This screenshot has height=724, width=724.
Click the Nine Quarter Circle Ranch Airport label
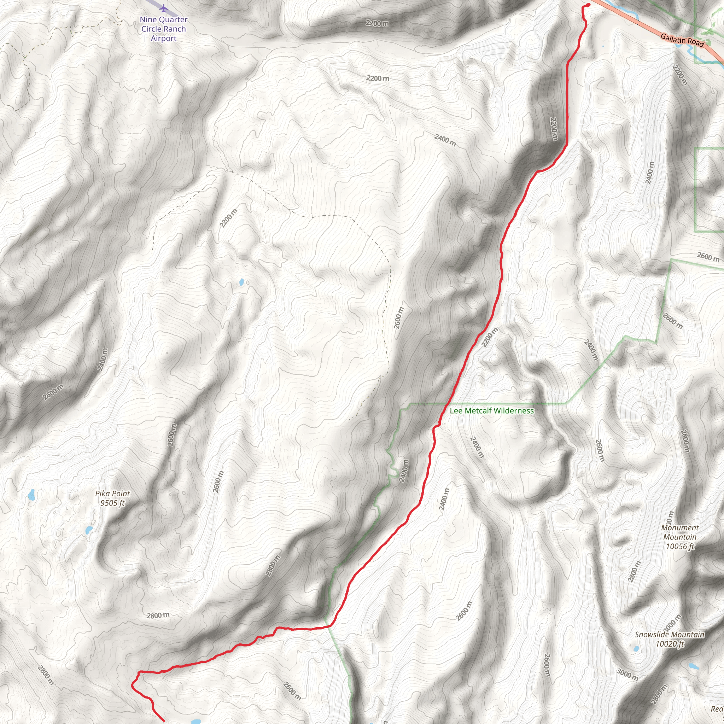click(163, 29)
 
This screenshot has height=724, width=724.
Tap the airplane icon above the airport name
click(163, 8)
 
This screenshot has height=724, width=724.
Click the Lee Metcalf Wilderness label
click(492, 411)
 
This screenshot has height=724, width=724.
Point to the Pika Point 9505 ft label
click(112, 498)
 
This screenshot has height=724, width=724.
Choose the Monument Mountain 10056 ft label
click(680, 537)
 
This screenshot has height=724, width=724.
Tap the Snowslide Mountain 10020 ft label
click(669, 639)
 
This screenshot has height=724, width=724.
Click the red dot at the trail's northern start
click(588, 5)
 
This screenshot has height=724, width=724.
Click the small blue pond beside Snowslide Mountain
click(636, 649)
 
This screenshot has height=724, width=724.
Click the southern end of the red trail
click(164, 720)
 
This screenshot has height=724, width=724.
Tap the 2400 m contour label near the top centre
click(445, 140)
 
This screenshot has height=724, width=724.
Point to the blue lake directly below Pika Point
click(89, 530)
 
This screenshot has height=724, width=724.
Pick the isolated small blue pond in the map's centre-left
click(242, 282)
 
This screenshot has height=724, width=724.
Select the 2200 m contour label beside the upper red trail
click(554, 129)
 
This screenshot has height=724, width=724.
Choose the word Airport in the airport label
click(163, 38)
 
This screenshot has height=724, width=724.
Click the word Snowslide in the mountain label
click(650, 635)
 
